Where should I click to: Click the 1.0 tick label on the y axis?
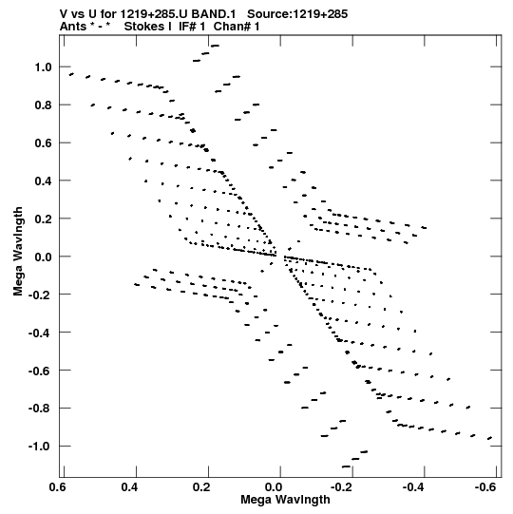pyautogui.click(x=44, y=67)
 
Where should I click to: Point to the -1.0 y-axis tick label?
pyautogui.click(x=40, y=447)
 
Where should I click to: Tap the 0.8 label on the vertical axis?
pyautogui.click(x=44, y=105)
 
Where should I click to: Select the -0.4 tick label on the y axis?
pyautogui.click(x=40, y=333)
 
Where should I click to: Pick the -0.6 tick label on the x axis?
pyautogui.click(x=485, y=487)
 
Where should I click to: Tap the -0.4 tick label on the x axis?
pyautogui.click(x=413, y=487)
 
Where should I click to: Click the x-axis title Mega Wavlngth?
pyautogui.click(x=285, y=500)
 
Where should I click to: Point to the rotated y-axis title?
pyautogui.click(x=18, y=251)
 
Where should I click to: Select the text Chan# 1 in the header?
pyautogui.click(x=237, y=27)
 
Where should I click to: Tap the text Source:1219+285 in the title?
pyautogui.click(x=297, y=14)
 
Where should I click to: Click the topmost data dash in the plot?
pyautogui.click(x=215, y=46)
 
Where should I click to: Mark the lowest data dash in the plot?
pyautogui.click(x=346, y=466)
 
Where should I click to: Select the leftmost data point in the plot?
pyautogui.click(x=71, y=74)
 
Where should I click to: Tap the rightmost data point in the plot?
pyautogui.click(x=490, y=438)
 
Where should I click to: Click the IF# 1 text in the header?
pyautogui.click(x=192, y=27)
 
